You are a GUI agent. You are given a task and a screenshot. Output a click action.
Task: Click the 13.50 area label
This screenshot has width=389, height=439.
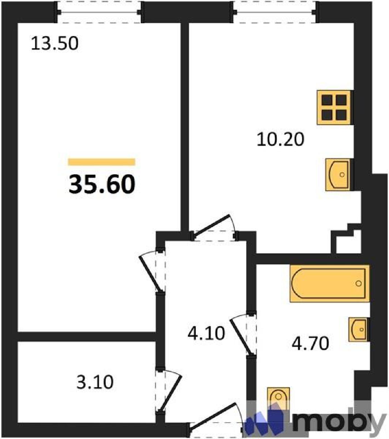[55, 44]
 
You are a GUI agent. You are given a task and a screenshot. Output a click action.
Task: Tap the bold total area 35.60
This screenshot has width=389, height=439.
[102, 184]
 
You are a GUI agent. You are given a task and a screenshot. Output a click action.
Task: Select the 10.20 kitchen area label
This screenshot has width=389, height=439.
[280, 139]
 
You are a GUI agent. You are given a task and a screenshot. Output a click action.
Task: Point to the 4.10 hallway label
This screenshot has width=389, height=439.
[206, 333]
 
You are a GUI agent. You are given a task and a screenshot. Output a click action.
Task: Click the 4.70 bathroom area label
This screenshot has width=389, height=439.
[310, 344]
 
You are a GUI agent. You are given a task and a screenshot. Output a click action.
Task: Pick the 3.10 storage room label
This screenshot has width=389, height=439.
[95, 382]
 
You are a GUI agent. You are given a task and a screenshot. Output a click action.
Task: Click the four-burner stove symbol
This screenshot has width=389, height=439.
[334, 108]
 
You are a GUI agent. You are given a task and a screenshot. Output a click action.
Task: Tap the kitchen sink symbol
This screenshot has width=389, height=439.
[338, 175]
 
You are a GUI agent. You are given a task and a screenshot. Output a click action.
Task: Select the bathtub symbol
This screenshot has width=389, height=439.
[329, 283]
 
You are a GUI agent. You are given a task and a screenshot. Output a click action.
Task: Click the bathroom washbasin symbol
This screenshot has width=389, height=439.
[358, 329]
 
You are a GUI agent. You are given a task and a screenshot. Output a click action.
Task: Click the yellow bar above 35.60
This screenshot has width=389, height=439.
[102, 162]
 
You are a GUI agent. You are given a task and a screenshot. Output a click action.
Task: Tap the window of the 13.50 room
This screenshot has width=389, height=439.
[99, 12]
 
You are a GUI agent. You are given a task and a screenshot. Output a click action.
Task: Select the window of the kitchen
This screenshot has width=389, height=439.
[275, 12]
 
